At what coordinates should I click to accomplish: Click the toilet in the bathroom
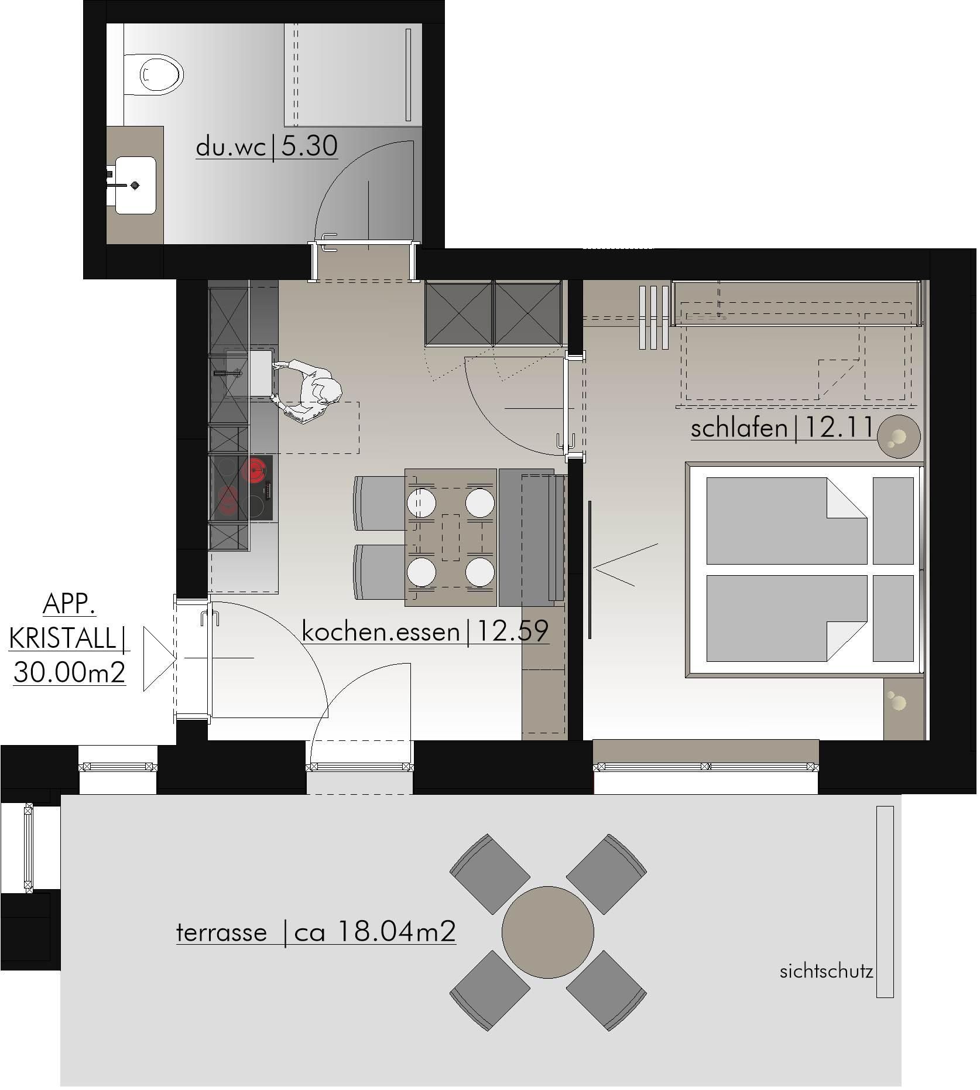point(154,75)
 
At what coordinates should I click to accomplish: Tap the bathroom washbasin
point(136,185)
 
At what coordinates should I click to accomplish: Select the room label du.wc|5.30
point(267,146)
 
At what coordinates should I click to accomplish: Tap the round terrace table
point(548,931)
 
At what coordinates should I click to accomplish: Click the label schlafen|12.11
point(782,428)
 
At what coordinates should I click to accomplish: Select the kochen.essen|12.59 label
point(426,631)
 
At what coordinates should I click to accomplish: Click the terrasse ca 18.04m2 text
point(316,931)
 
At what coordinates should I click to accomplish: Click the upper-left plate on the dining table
point(422,503)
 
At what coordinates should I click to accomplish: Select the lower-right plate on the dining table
point(480,572)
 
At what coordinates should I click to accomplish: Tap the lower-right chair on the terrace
point(606,990)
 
